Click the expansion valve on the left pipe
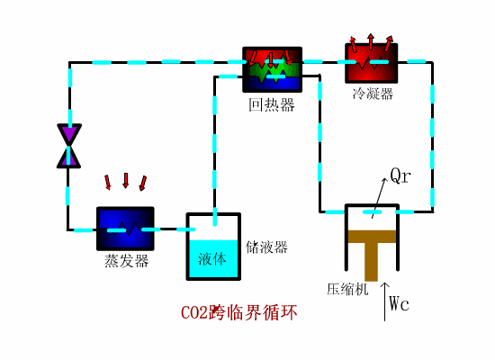69,146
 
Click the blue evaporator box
125,229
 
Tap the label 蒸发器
126,261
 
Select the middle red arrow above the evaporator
126,181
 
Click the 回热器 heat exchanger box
272,69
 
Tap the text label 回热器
272,105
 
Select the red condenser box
372,64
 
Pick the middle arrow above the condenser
371,41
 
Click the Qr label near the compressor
400,175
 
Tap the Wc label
400,303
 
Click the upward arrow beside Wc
385,297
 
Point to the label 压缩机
347,290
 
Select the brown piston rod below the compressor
371,263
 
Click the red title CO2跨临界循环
238,313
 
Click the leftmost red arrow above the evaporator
108,183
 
